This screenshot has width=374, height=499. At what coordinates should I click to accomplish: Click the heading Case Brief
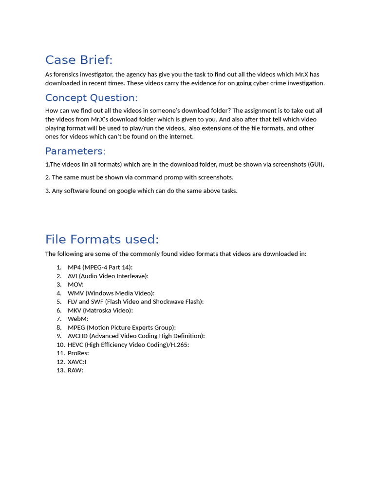point(79,60)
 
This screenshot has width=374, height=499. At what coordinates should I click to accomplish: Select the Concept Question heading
point(92,98)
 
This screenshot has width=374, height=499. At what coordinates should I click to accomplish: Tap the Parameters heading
point(75,151)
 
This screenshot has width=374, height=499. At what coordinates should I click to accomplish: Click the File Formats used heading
point(102,239)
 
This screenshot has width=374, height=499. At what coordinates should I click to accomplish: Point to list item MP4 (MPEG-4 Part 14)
point(100,267)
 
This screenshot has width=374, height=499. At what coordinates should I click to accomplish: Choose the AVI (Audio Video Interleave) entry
point(108,276)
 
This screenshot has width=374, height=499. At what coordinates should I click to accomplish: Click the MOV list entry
point(75,285)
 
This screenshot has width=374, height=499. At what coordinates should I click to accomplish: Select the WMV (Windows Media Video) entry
point(111,293)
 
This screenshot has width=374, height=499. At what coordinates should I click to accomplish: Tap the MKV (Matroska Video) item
point(100,310)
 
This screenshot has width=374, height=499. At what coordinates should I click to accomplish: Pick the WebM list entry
point(78,319)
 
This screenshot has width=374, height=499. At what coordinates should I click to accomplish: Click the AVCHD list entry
point(136,336)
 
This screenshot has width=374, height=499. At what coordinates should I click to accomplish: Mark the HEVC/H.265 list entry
point(128,345)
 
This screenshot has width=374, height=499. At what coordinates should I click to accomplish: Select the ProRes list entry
point(78,353)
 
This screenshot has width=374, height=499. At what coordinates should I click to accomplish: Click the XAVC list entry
point(77,362)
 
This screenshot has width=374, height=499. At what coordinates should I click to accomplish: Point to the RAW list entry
point(75,370)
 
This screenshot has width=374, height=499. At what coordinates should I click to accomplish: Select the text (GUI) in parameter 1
point(315,164)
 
